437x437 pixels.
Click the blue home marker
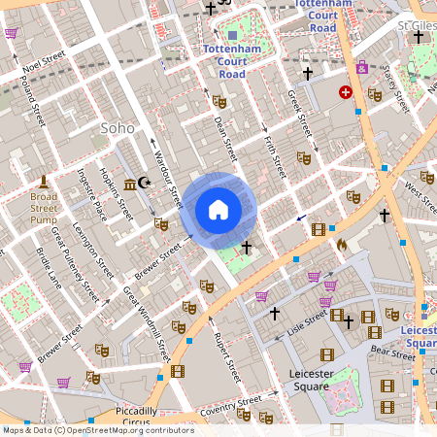coord(218,209)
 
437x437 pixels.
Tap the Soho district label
coord(118,128)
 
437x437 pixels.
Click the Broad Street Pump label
coord(44,207)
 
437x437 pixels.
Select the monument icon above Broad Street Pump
coord(44,182)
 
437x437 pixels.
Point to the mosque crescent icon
coord(146,183)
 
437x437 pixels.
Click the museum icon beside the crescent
coord(129,184)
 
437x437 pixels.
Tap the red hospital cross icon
coord(345,91)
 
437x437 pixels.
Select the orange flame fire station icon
coord(340,247)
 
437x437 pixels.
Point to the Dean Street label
coord(225,135)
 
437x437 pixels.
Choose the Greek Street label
coord(297,112)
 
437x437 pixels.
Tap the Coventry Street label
coord(230,407)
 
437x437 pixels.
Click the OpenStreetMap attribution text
coord(98,429)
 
